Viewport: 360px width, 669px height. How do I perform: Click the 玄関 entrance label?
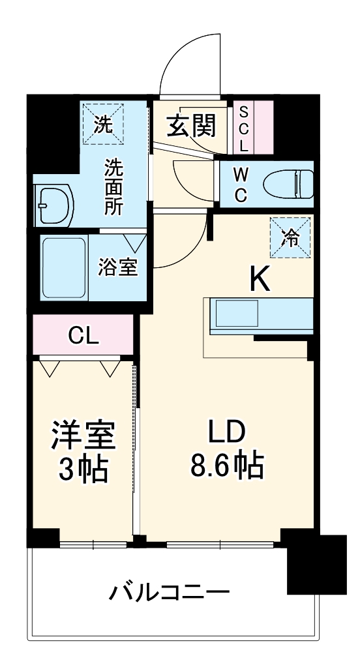point(190,126)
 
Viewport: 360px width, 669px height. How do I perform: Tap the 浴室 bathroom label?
point(119,268)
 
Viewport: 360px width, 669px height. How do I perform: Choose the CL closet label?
point(84,336)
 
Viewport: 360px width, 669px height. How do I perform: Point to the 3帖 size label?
point(83,469)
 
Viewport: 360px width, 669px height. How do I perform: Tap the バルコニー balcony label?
point(169,593)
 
